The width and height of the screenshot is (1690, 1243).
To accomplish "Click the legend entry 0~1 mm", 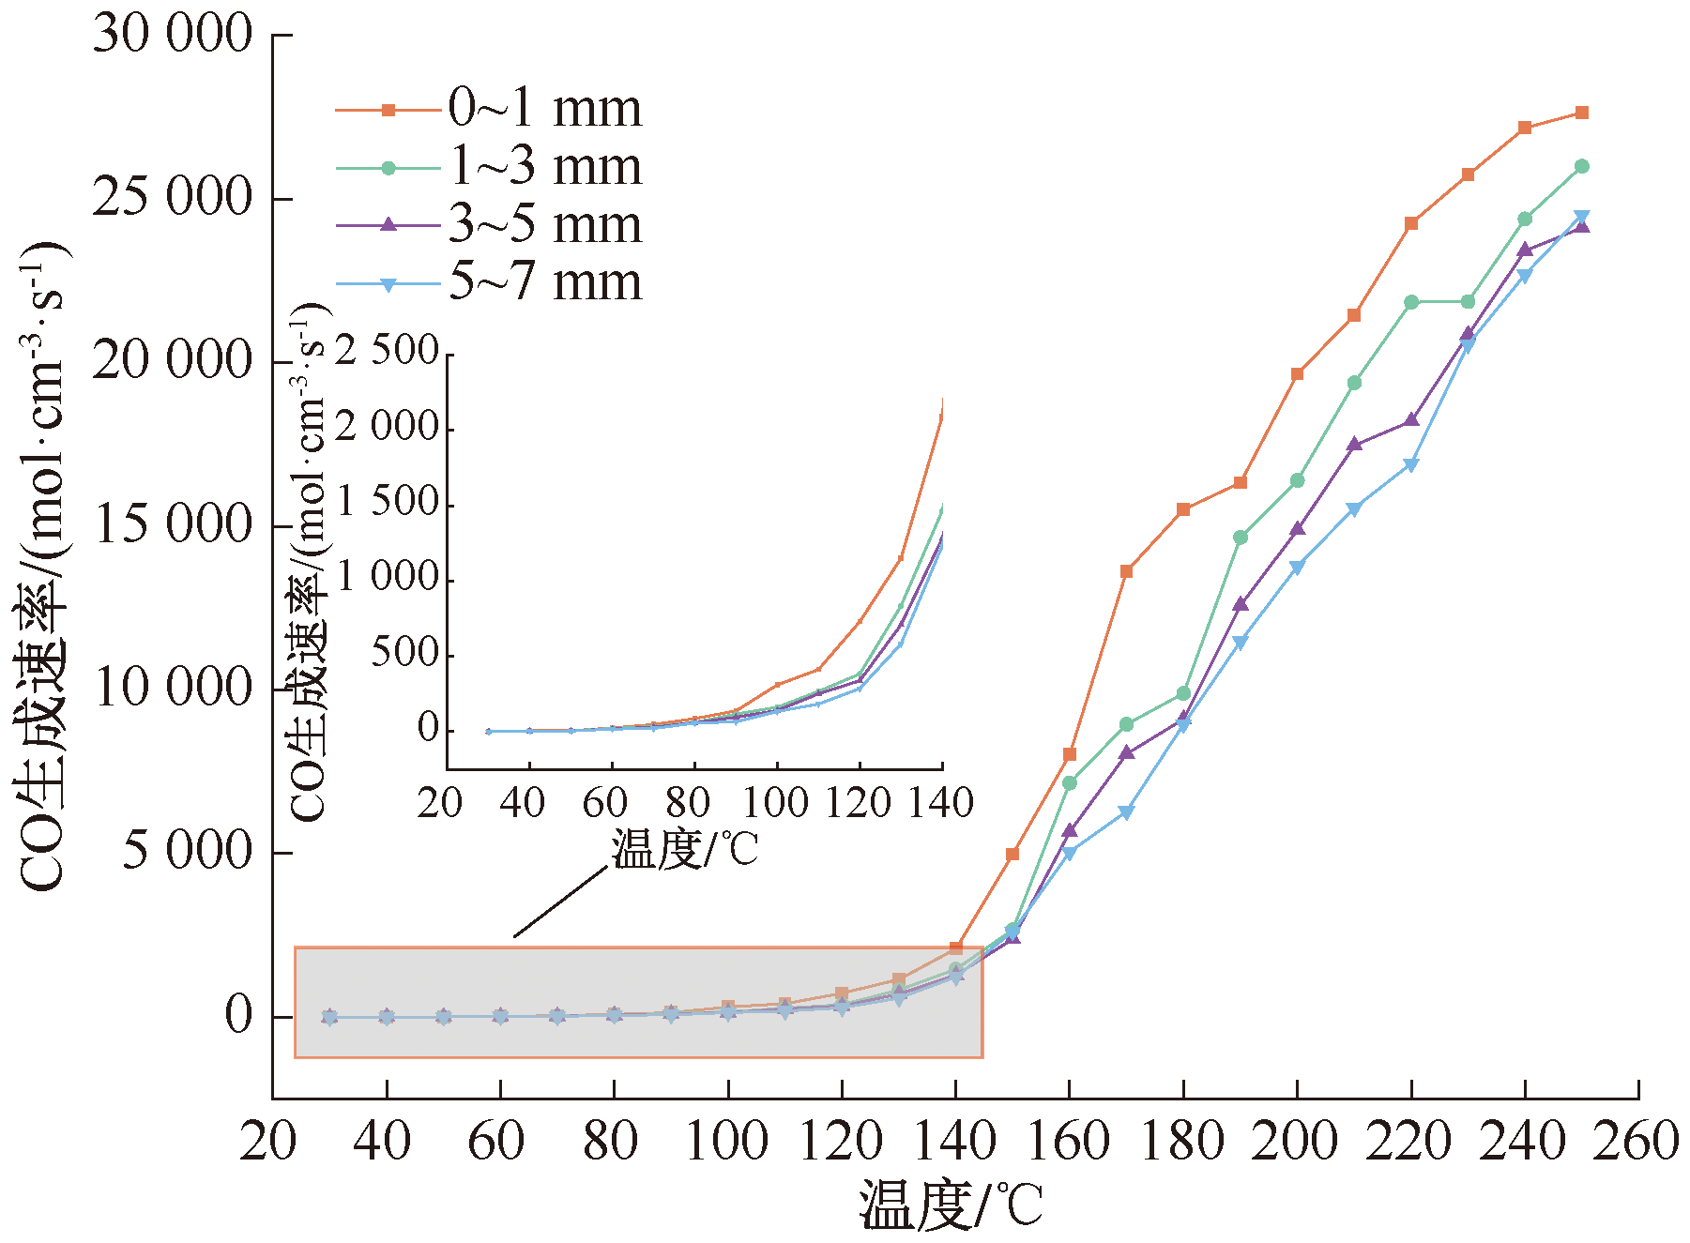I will click(544, 109).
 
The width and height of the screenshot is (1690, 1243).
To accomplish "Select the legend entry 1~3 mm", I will click(544, 167).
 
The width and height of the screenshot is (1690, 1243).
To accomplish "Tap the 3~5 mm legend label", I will click(544, 224).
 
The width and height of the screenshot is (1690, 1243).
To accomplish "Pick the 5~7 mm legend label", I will click(544, 282).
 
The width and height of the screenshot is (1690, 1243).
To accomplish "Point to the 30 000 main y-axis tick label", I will click(173, 35).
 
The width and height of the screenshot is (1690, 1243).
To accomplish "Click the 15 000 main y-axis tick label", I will click(173, 525).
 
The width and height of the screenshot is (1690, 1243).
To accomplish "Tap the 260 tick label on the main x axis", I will click(1637, 1143).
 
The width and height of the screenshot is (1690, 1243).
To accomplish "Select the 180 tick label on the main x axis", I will click(1182, 1143).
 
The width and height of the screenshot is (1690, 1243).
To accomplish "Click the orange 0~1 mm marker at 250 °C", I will click(1581, 113).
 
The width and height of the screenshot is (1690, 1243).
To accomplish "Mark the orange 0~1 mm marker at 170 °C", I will click(1126, 570).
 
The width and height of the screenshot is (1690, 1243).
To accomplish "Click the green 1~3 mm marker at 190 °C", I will click(1240, 538).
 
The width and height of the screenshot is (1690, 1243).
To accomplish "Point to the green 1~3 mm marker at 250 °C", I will click(1581, 166).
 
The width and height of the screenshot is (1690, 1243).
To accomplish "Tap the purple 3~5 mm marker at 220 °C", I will click(1410, 419).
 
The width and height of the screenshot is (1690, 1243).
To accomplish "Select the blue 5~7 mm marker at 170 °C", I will click(1126, 812).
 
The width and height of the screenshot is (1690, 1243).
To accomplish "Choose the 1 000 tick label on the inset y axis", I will click(387, 578).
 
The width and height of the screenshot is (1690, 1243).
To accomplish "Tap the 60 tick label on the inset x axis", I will click(604, 804).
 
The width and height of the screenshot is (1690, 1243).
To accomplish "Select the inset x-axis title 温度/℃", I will click(684, 851).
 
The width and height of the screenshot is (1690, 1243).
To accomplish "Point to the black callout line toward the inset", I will click(560, 902).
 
